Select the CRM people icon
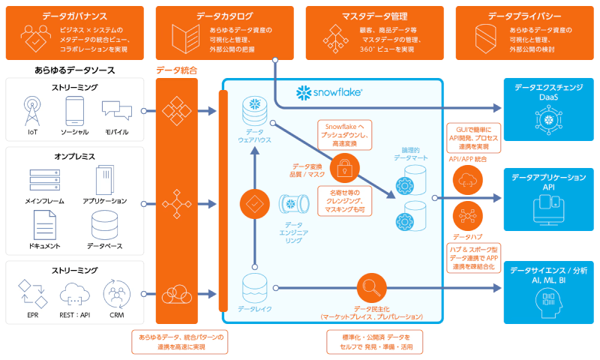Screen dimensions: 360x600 (116, 291)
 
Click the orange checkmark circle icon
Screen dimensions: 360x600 (255, 203)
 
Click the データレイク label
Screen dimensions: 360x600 (254, 308)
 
